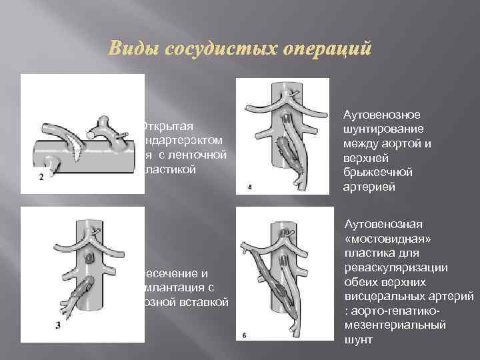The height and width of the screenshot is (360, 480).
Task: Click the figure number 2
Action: [41, 177]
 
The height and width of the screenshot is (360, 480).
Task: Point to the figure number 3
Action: [39, 325]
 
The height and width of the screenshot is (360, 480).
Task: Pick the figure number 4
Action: [249, 187]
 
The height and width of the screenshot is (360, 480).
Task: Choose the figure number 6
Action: [245, 334]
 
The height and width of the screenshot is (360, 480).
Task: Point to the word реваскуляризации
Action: [395, 268]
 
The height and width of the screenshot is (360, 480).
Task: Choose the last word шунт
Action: [359, 339]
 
